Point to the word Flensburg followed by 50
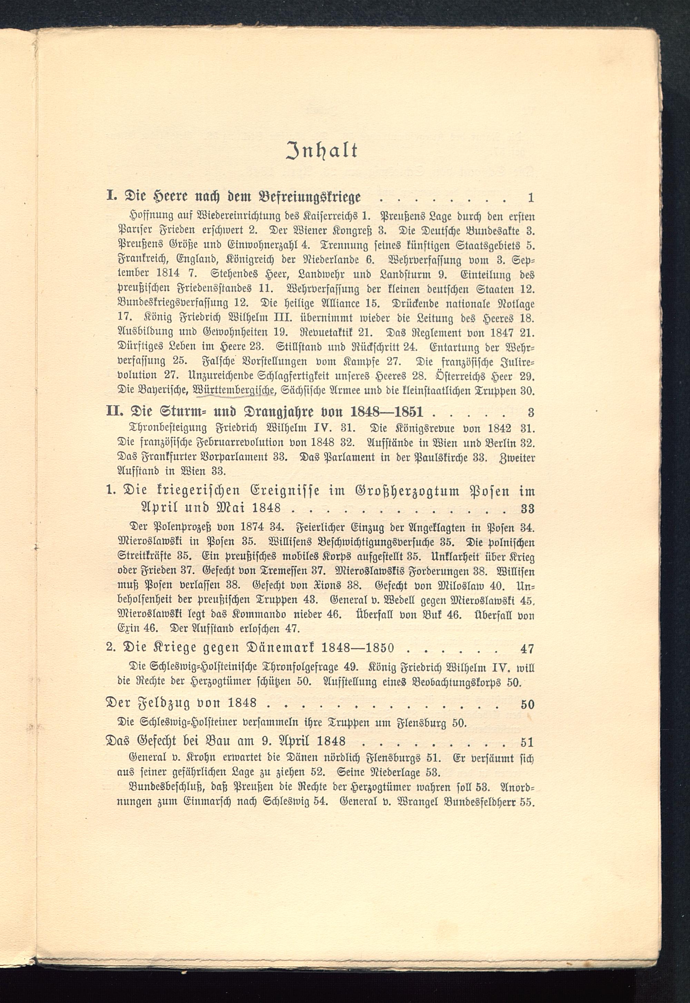click(416, 723)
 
